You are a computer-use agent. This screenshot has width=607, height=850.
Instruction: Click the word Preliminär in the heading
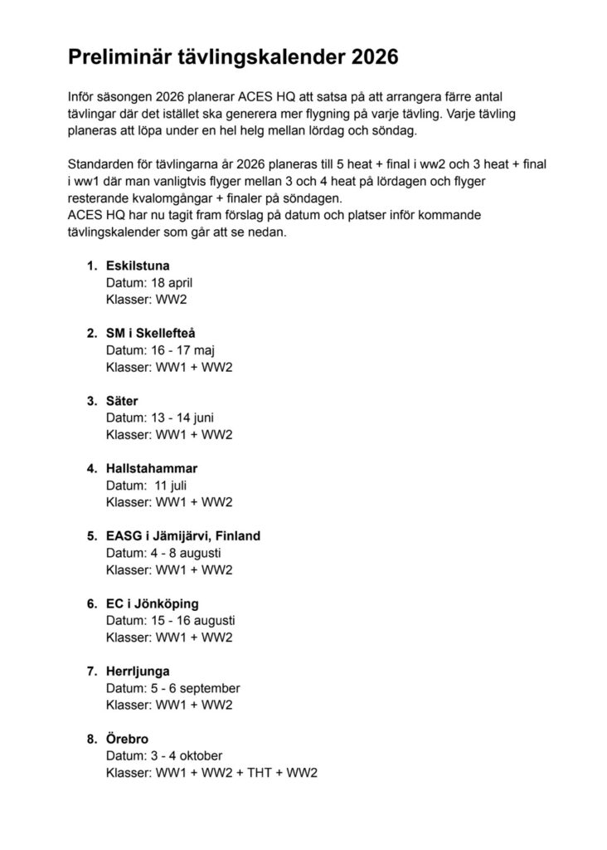[x=119, y=57]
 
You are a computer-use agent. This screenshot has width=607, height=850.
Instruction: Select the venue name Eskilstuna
[x=138, y=266]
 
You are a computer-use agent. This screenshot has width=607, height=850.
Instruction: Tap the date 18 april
[x=172, y=282]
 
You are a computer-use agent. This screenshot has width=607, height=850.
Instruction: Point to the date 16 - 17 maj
[x=182, y=350]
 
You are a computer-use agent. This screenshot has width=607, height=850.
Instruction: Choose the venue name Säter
[x=122, y=401]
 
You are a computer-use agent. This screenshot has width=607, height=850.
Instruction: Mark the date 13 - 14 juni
[x=182, y=418]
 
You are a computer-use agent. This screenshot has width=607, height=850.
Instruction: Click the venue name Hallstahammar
[x=152, y=468]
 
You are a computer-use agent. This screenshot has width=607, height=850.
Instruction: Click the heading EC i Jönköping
[x=152, y=603]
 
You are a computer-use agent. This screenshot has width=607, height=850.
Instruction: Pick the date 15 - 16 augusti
[x=193, y=621]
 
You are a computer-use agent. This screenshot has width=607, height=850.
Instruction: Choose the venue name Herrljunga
[x=138, y=672]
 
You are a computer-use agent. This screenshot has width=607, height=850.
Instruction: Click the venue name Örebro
[x=128, y=739]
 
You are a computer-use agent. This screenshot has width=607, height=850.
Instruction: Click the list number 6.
[x=91, y=603]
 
